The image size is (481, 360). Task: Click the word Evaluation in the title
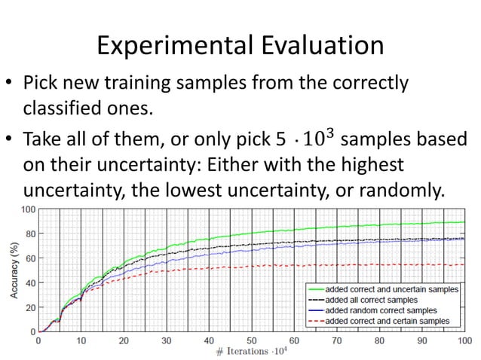click(321, 47)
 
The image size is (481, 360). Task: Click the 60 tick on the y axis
click(29, 258)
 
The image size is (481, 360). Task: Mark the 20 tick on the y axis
click(29, 307)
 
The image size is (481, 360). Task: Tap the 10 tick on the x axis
click(81, 340)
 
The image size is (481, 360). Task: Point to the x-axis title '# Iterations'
click(241, 352)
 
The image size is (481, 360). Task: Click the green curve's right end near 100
click(462, 222)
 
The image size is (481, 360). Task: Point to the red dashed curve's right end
click(462, 264)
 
